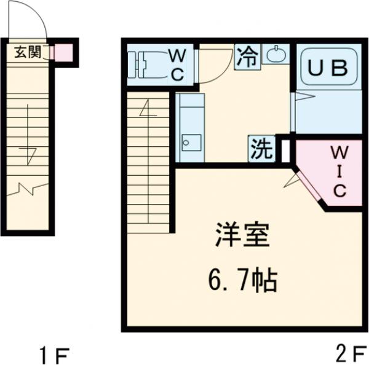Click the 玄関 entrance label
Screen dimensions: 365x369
tap(27, 52)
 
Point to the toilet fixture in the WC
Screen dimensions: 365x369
tap(148, 65)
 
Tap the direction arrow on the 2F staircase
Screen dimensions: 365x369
tap(147, 111)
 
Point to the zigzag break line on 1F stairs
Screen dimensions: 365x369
tap(28, 187)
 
